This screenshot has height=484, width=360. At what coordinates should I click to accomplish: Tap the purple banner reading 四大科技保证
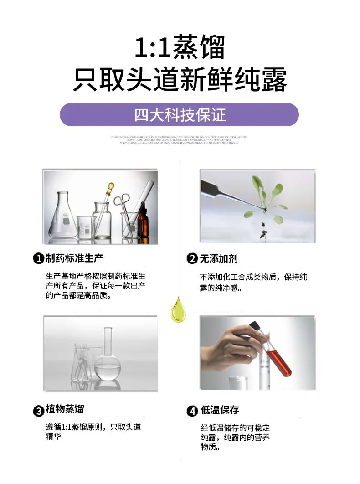click(179, 114)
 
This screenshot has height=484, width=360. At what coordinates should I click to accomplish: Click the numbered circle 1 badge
click(38, 259)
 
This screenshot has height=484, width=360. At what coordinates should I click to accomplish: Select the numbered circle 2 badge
click(192, 259)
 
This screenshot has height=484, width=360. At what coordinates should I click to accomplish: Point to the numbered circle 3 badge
click(38, 410)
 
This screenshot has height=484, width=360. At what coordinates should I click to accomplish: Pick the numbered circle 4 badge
click(192, 410)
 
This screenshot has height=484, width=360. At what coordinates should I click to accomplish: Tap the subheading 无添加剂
click(219, 258)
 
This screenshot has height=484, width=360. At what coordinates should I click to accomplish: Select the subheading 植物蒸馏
click(65, 409)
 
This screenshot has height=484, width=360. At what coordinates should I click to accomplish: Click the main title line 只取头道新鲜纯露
click(180, 81)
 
